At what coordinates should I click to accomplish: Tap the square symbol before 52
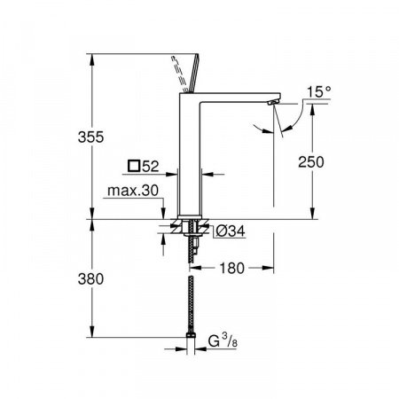coord(134,166)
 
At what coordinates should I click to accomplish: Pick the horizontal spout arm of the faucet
coord(239,96)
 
